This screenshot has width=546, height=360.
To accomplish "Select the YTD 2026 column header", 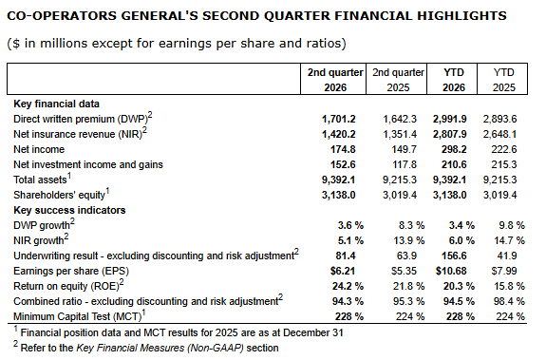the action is coord(454,80).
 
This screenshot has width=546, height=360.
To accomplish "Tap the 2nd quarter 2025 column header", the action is coord(398,80).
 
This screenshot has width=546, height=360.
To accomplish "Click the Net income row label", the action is coord(39,149).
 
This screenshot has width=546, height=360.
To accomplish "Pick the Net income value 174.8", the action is coord(343,149).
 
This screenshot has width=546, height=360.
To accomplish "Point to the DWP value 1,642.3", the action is coord(400,119).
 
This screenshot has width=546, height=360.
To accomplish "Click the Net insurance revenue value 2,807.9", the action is coord(449,134).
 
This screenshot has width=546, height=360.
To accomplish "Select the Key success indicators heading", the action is coord(69,210).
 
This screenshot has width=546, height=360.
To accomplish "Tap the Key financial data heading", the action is coord(56,104).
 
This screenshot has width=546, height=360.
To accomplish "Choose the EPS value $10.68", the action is coord(451,271).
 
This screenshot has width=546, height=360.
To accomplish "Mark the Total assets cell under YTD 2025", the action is coord(499,180).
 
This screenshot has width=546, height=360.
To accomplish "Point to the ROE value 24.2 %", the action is coord(348,286).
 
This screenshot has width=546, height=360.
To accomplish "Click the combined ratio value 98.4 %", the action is coord(509,301).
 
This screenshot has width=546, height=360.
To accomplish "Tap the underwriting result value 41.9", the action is coord(507,256).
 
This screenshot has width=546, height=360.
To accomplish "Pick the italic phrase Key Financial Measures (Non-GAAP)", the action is coord(160,349).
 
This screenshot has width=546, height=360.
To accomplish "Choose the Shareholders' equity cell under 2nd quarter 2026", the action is coord(338,195).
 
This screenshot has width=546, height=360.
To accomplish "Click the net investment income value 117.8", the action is coord(404,164).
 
